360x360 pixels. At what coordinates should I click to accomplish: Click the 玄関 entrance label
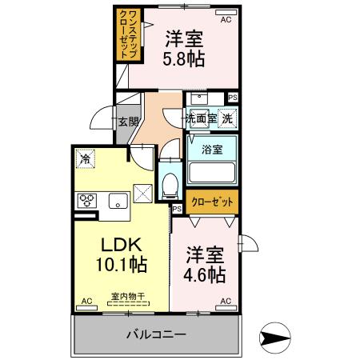click(129, 122)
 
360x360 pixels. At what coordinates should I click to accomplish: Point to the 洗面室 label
click(201, 118)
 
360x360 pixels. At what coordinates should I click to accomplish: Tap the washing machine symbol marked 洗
click(229, 118)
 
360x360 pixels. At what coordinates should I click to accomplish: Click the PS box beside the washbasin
click(232, 98)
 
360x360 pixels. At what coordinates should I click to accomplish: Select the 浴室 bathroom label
click(212, 149)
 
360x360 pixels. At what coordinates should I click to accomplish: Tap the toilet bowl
click(168, 186)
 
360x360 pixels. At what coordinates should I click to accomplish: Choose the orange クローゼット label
click(211, 202)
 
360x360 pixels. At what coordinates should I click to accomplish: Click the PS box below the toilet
click(178, 208)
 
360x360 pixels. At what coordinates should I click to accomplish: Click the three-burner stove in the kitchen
click(86, 201)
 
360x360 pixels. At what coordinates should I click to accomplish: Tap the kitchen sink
click(117, 201)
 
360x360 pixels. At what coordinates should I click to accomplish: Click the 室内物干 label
click(127, 297)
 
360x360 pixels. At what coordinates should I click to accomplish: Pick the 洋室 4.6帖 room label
click(206, 263)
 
